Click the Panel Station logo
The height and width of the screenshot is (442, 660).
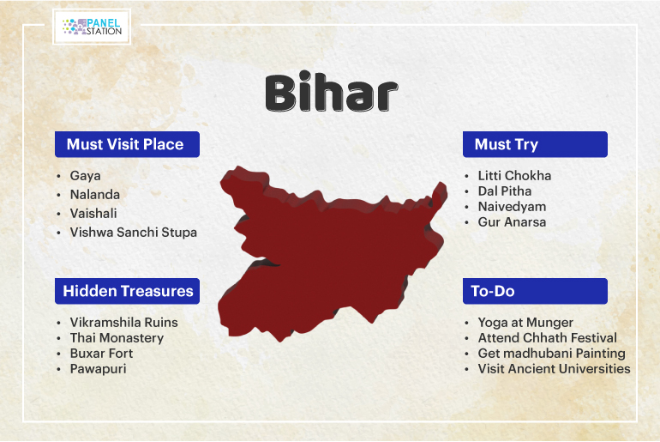(92, 27)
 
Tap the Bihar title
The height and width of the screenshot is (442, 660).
(331, 93)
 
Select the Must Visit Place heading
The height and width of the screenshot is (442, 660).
(125, 144)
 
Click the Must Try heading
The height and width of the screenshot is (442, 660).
(507, 144)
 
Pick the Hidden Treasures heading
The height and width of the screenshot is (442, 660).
(128, 291)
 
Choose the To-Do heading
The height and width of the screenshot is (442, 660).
(493, 291)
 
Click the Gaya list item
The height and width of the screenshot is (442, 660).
(85, 176)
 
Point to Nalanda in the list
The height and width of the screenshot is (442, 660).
(94, 195)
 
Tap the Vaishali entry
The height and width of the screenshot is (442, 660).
(93, 214)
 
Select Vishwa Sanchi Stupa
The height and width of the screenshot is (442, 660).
(134, 233)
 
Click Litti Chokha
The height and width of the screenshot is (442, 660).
(514, 176)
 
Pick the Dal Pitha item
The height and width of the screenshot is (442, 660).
(505, 191)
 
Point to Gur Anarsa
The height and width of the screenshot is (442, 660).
(512, 222)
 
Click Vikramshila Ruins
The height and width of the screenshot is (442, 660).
(123, 323)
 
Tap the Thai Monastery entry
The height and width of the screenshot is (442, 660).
(117, 338)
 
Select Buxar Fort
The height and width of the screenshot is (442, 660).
(101, 353)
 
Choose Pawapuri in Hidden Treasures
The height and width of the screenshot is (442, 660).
(98, 369)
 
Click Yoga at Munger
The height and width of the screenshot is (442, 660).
(525, 323)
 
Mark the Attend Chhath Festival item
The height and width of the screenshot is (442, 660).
(547, 338)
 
